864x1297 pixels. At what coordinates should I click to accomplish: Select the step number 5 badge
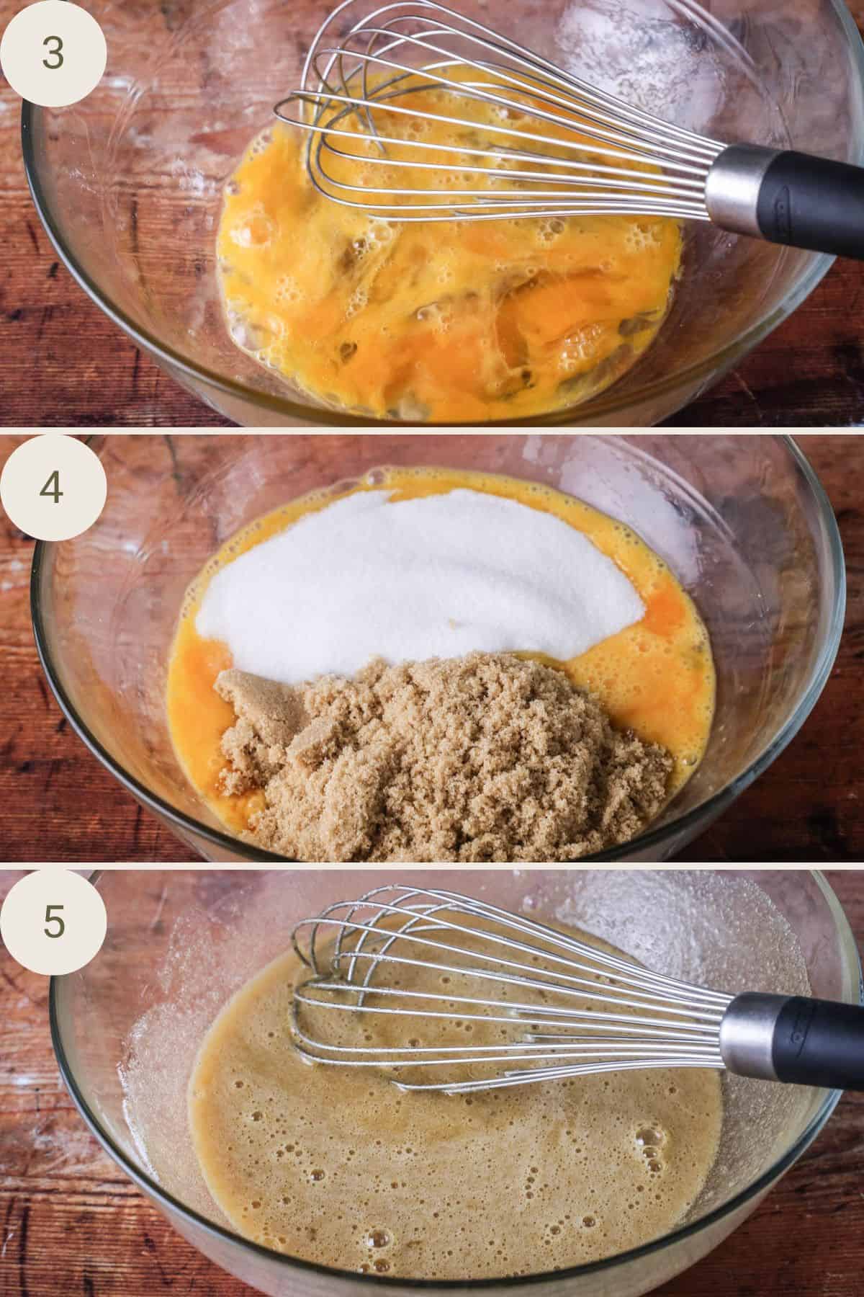54,921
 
